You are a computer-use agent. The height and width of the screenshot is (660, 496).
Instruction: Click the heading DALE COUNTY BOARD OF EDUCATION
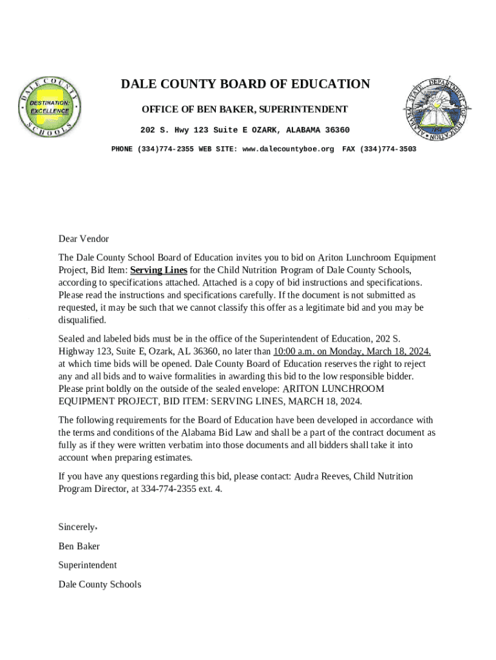[245, 84]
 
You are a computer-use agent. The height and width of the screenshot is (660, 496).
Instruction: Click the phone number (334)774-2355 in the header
[164, 150]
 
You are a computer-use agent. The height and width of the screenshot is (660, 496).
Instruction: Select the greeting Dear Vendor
[84, 239]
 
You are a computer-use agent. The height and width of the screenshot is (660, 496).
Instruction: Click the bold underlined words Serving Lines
[158, 270]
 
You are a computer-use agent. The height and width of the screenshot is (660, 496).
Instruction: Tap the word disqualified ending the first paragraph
[82, 320]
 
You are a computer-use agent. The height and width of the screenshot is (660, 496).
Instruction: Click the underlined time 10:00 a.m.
[294, 351]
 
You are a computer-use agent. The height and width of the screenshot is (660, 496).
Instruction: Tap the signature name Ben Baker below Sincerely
[79, 547]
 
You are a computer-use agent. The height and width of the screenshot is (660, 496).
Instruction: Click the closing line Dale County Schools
[100, 585]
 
